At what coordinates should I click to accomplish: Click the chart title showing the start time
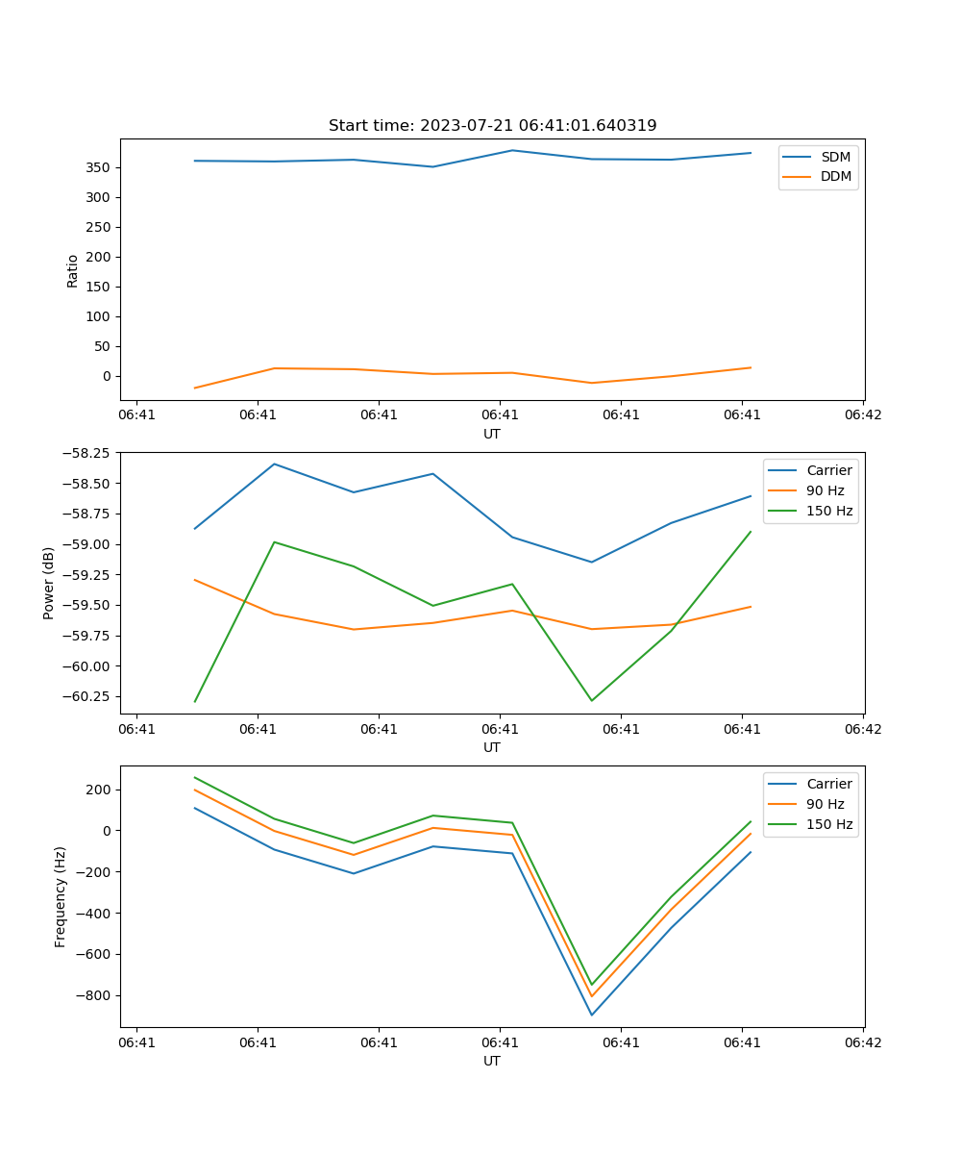pyautogui.click(x=492, y=126)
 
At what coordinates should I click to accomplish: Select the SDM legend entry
pyautogui.click(x=835, y=157)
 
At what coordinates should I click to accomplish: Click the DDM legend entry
pyautogui.click(x=835, y=176)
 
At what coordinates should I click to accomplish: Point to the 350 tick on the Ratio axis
pyautogui.click(x=100, y=167)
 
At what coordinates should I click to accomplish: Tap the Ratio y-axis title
pyautogui.click(x=73, y=270)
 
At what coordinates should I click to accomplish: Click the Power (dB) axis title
pyautogui.click(x=49, y=583)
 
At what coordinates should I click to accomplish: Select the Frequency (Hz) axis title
pyautogui.click(x=61, y=896)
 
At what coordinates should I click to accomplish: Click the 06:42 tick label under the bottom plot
pyautogui.click(x=862, y=1042)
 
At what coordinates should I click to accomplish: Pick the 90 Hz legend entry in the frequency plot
pyautogui.click(x=825, y=804)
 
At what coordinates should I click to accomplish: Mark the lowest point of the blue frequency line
pyautogui.click(x=591, y=1015)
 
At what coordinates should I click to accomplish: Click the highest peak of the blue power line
pyautogui.click(x=275, y=464)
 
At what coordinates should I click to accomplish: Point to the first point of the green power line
pyautogui.click(x=195, y=701)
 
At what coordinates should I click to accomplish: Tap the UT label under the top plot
pyautogui.click(x=492, y=434)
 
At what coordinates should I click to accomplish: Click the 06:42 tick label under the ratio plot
pyautogui.click(x=862, y=415)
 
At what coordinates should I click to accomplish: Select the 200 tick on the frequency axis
pyautogui.click(x=100, y=790)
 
